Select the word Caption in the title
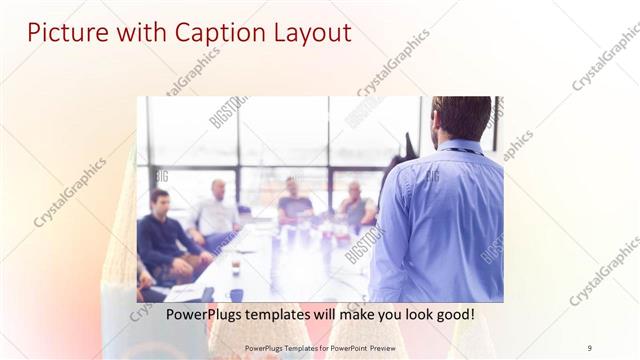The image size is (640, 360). click(x=205, y=33)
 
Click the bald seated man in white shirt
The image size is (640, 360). click(x=217, y=212)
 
